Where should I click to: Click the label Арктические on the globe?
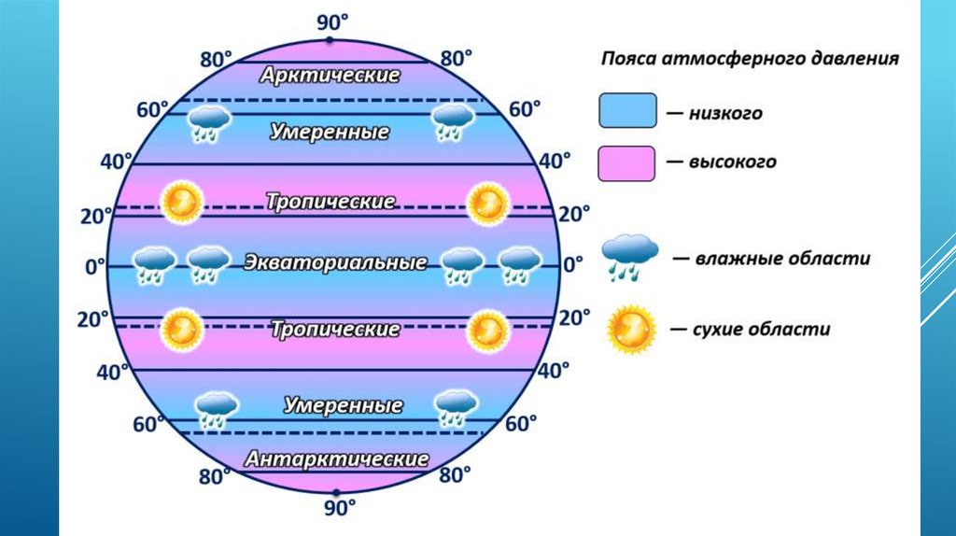point(330,75)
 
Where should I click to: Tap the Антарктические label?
point(337,459)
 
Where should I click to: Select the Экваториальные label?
point(335,263)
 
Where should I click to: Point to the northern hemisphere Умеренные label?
point(330,132)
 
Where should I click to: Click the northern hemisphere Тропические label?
point(330,202)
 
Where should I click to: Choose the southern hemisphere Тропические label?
point(335,330)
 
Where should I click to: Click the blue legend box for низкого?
point(626,109)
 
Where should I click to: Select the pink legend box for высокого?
point(626,162)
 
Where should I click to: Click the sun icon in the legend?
point(631,329)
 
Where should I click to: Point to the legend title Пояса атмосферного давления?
point(749,59)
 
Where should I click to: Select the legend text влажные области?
point(781,259)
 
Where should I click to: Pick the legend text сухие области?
point(762,330)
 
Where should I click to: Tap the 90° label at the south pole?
point(340,509)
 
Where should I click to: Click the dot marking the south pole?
point(336,491)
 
